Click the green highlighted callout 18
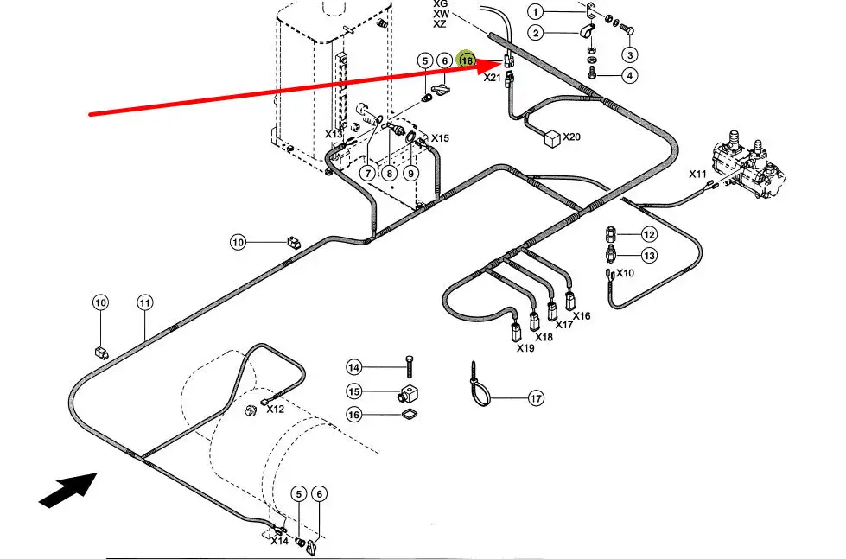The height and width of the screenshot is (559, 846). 467,60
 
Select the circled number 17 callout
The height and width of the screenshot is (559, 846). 537,398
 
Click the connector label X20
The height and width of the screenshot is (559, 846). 572,137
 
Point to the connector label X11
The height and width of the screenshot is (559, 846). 698,174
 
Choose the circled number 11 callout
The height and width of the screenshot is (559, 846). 144,302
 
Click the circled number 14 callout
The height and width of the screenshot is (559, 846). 353,367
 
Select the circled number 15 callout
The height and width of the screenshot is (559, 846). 353,391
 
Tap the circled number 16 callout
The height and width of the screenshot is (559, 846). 353,416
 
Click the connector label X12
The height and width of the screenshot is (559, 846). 275,409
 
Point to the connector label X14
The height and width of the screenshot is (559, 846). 279,541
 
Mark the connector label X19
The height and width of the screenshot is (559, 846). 525,348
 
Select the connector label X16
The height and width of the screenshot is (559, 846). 582,316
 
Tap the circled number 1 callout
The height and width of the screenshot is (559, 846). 536,12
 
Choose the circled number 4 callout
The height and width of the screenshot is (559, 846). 630,76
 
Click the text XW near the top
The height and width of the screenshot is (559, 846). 441,14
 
